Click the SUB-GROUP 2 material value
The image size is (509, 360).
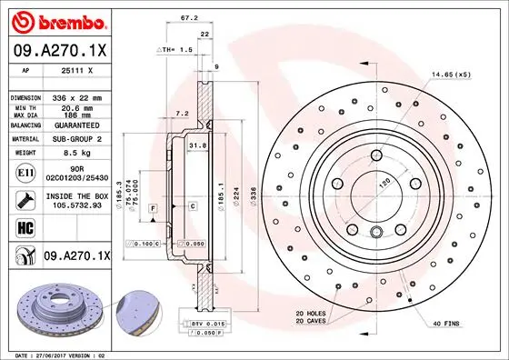(75, 138)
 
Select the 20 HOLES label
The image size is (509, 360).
(311, 314)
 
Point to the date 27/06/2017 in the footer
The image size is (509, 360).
(65, 355)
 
